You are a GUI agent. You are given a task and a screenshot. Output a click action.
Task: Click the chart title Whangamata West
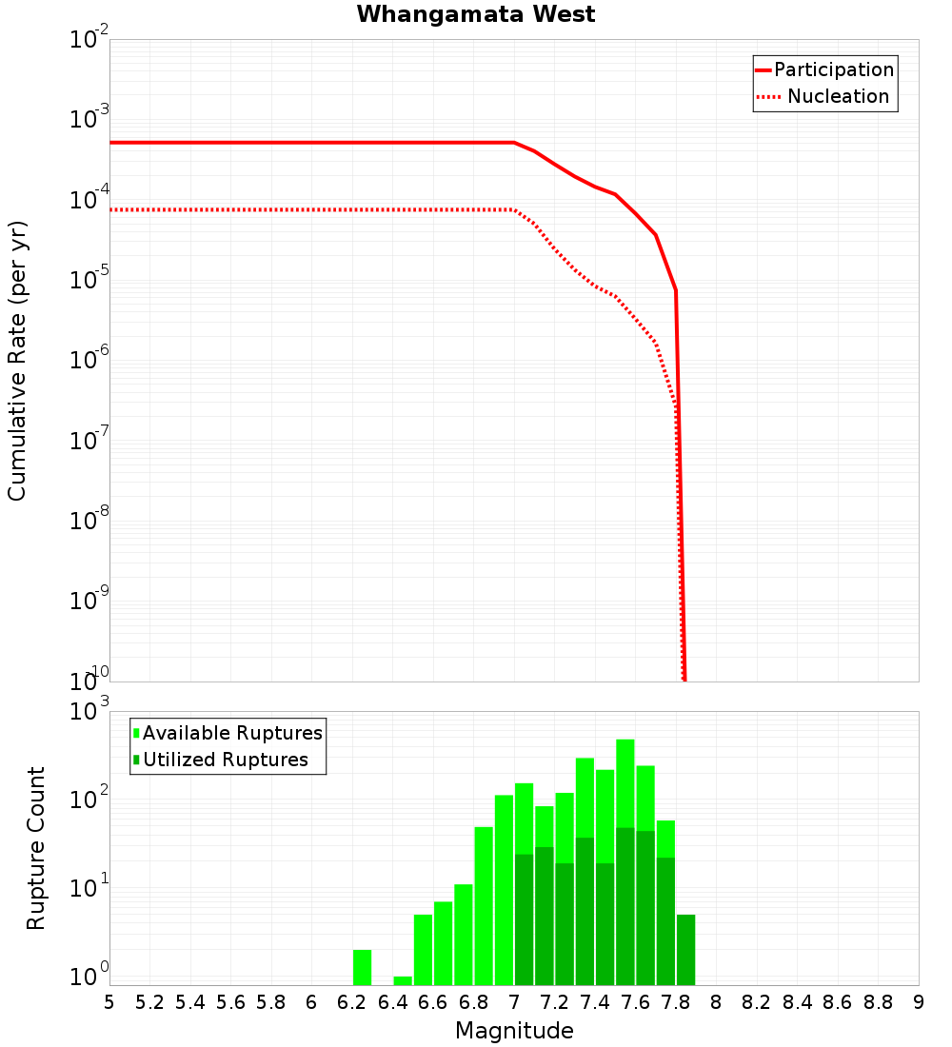point(476,15)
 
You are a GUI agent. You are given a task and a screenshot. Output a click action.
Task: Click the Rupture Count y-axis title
point(36,847)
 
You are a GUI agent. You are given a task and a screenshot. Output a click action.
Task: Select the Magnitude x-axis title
point(514,1031)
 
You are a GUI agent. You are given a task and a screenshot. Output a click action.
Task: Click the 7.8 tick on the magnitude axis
point(676,1002)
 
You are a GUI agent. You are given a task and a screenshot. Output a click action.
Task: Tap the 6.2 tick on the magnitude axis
point(352,1002)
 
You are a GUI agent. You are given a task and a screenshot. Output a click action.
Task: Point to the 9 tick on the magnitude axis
point(918,1002)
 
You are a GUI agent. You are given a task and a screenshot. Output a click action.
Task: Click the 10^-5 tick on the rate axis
point(91,281)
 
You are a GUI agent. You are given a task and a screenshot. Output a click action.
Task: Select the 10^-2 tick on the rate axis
point(91,40)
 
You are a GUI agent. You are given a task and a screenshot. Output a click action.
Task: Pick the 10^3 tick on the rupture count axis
point(91,711)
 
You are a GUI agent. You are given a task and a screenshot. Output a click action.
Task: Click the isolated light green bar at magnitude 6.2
point(362,967)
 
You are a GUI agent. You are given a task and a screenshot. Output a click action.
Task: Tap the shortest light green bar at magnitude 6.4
point(403,980)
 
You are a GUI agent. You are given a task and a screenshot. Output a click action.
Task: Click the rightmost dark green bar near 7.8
point(685,950)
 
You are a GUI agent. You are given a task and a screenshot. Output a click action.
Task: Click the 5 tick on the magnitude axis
point(109,1002)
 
